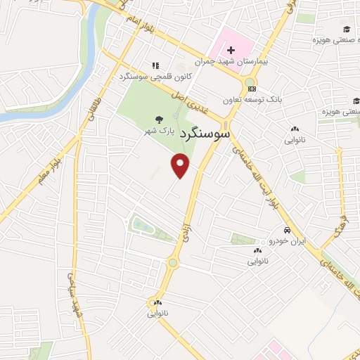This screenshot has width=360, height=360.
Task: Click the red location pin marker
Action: point(181,166)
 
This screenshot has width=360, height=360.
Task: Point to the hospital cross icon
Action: point(231,50)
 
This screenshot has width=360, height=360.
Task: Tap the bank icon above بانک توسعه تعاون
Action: point(252,89)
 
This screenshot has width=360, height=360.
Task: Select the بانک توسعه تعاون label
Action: point(252,100)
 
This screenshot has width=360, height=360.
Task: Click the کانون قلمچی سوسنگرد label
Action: point(151,75)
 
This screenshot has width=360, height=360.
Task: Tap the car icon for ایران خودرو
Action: point(287,231)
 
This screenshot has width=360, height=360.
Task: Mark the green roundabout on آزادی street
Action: point(172,263)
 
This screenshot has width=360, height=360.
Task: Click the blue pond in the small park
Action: point(141,226)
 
